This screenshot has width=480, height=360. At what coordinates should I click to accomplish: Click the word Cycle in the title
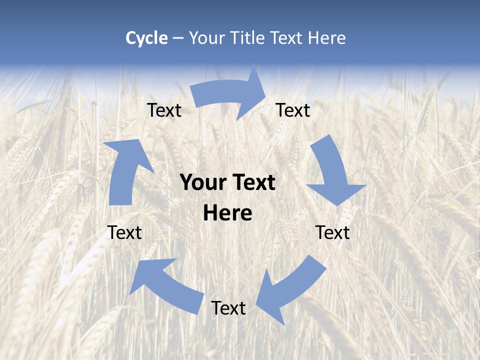(146, 38)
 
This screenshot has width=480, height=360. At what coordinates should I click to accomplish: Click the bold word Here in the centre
(227, 213)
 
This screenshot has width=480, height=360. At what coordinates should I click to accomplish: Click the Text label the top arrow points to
(293, 110)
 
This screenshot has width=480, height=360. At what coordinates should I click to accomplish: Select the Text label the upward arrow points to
(164, 110)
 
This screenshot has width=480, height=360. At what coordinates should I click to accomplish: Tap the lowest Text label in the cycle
(228, 308)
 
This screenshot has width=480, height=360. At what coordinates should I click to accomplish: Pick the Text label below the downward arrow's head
(332, 232)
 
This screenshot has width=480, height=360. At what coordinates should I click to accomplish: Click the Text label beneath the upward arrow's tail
(124, 232)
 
